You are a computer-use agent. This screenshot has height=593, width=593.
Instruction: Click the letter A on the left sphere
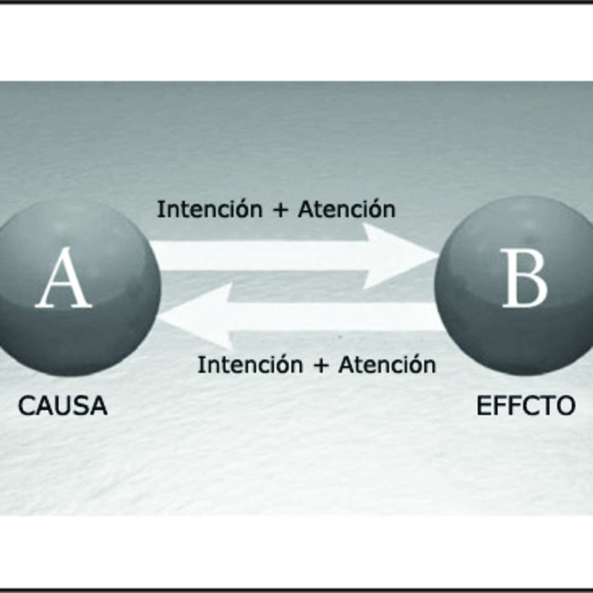pyautogui.click(x=64, y=278)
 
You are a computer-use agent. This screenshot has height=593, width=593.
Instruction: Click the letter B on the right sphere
pyautogui.click(x=525, y=278)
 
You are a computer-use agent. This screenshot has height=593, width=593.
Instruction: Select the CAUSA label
pyautogui.click(x=63, y=406)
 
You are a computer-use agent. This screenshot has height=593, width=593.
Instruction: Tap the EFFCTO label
pyautogui.click(x=526, y=406)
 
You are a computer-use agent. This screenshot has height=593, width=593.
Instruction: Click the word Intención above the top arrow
pyautogui.click(x=210, y=209)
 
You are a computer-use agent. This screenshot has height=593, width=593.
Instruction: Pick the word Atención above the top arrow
pyautogui.click(x=347, y=209)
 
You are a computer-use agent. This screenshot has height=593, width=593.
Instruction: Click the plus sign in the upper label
pyautogui.click(x=280, y=211)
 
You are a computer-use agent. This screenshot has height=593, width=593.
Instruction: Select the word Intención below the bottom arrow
pyautogui.click(x=250, y=364)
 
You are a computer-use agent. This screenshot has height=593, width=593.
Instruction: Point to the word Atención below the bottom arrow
pyautogui.click(x=388, y=364)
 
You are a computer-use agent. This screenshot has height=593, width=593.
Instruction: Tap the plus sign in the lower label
pyautogui.click(x=321, y=366)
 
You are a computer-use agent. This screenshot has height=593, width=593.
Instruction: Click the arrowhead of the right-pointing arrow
pyautogui.click(x=400, y=256)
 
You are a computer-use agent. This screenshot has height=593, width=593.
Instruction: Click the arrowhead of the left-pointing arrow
pyautogui.click(x=197, y=317)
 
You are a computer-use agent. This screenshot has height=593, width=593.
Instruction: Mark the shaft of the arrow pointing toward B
pyautogui.click(x=258, y=256)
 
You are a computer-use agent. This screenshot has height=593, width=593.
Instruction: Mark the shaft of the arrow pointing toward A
pyautogui.click(x=335, y=317)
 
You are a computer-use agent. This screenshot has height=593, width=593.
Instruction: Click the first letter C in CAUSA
pyautogui.click(x=26, y=406)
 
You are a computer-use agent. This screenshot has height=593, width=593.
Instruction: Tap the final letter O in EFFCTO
pyautogui.click(x=565, y=406)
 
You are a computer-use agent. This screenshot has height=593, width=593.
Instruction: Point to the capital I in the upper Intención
pyautogui.click(x=159, y=209)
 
